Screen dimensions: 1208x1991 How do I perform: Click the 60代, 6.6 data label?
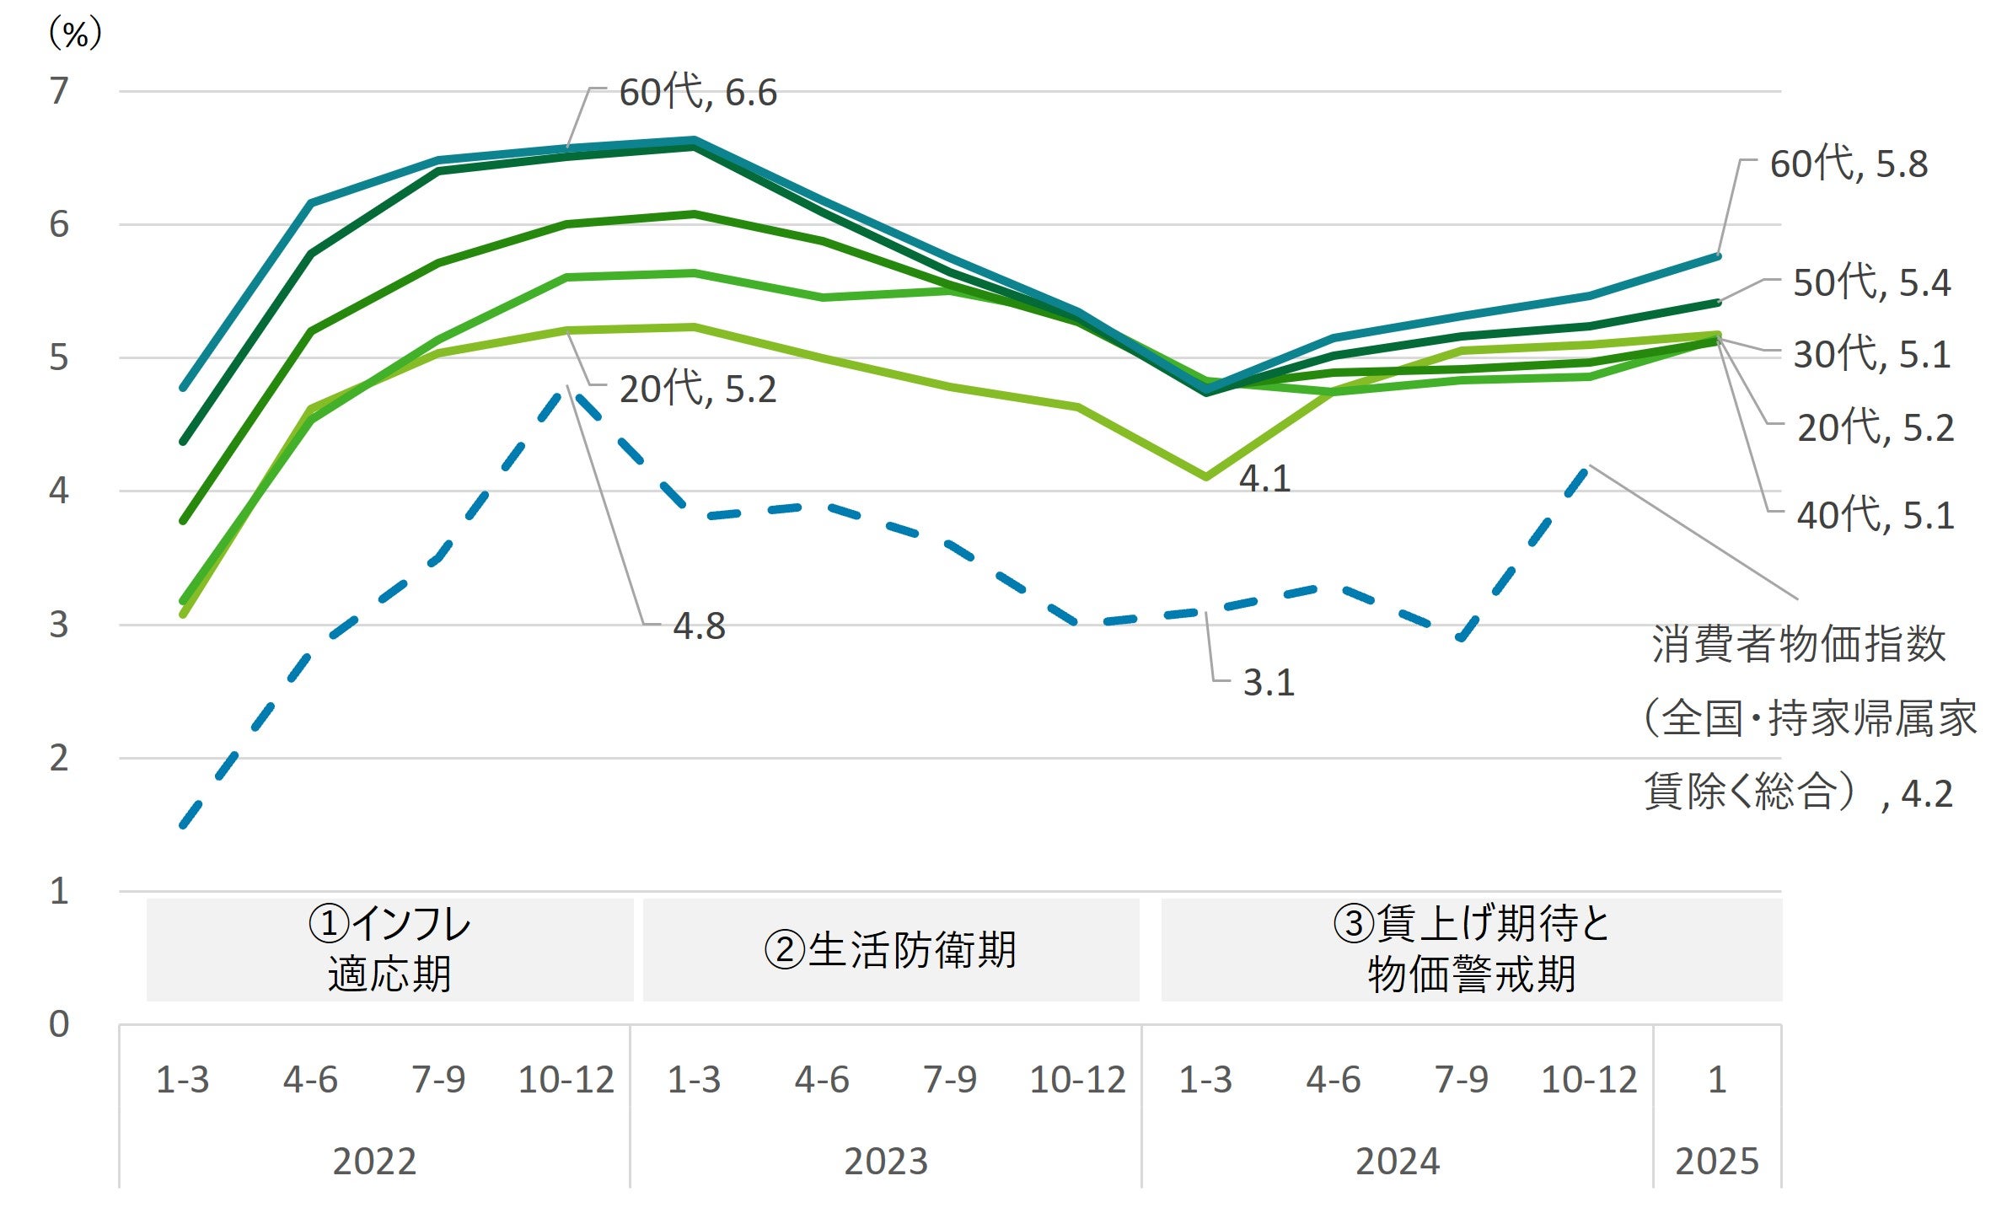(697, 92)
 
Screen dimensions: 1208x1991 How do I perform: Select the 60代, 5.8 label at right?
(1848, 164)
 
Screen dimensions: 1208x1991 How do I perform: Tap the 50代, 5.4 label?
(1871, 282)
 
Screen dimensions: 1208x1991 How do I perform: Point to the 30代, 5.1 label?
(1871, 354)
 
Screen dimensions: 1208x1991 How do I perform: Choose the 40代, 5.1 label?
(1875, 515)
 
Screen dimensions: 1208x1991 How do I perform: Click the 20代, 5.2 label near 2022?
(697, 389)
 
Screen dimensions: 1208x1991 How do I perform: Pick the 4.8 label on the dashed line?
(699, 626)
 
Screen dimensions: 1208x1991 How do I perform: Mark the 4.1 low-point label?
(1264, 479)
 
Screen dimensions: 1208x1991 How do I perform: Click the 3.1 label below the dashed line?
(1269, 683)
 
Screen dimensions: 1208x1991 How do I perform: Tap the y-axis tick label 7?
(58, 91)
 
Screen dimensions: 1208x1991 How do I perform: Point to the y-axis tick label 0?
(58, 1024)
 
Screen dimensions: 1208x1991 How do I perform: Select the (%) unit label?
(75, 34)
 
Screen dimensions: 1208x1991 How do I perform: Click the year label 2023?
(886, 1162)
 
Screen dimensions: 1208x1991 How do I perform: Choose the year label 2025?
(1717, 1162)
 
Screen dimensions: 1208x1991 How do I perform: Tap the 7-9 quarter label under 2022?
(438, 1080)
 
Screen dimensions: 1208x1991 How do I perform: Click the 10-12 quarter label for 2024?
(1589, 1080)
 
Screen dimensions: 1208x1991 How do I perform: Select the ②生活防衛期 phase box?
(890, 950)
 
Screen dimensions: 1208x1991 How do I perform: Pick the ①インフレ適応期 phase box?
(389, 950)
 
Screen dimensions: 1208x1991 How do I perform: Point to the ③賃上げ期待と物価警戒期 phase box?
(1471, 950)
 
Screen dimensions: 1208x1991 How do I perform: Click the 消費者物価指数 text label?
(1799, 645)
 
